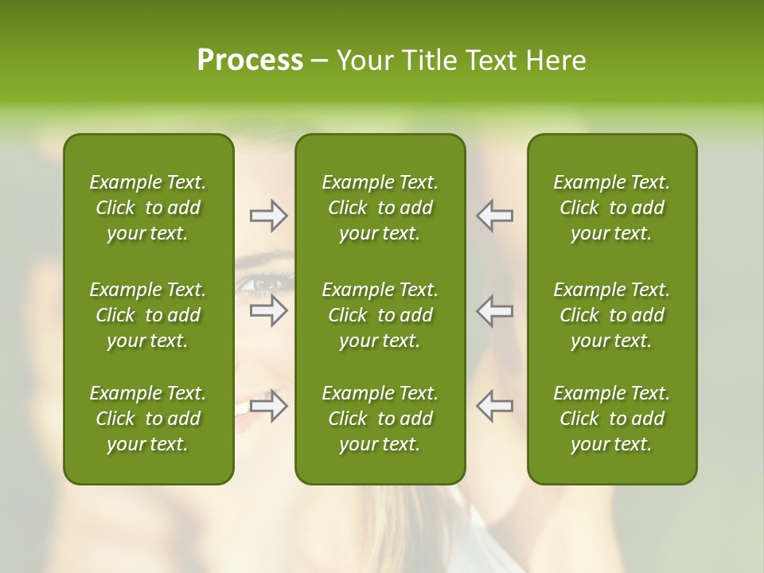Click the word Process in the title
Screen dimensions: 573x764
click(x=250, y=60)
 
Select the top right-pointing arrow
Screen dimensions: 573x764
click(x=268, y=216)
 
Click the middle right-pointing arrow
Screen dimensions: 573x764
click(x=268, y=310)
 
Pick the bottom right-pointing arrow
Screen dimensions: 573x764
click(x=268, y=406)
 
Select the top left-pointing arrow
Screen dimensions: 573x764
click(x=494, y=216)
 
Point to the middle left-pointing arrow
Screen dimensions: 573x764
click(x=494, y=310)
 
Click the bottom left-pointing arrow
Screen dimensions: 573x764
click(x=494, y=406)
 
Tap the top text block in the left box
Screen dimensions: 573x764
click(x=148, y=208)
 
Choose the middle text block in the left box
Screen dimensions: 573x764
click(x=148, y=315)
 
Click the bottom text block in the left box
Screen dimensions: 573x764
click(x=148, y=419)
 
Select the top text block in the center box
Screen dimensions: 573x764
click(x=380, y=208)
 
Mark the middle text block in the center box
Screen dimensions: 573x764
click(x=380, y=315)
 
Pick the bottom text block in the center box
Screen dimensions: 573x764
click(x=380, y=419)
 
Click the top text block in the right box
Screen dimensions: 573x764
click(x=611, y=208)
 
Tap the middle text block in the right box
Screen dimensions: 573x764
click(x=611, y=315)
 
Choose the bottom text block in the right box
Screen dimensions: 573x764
click(x=611, y=419)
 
